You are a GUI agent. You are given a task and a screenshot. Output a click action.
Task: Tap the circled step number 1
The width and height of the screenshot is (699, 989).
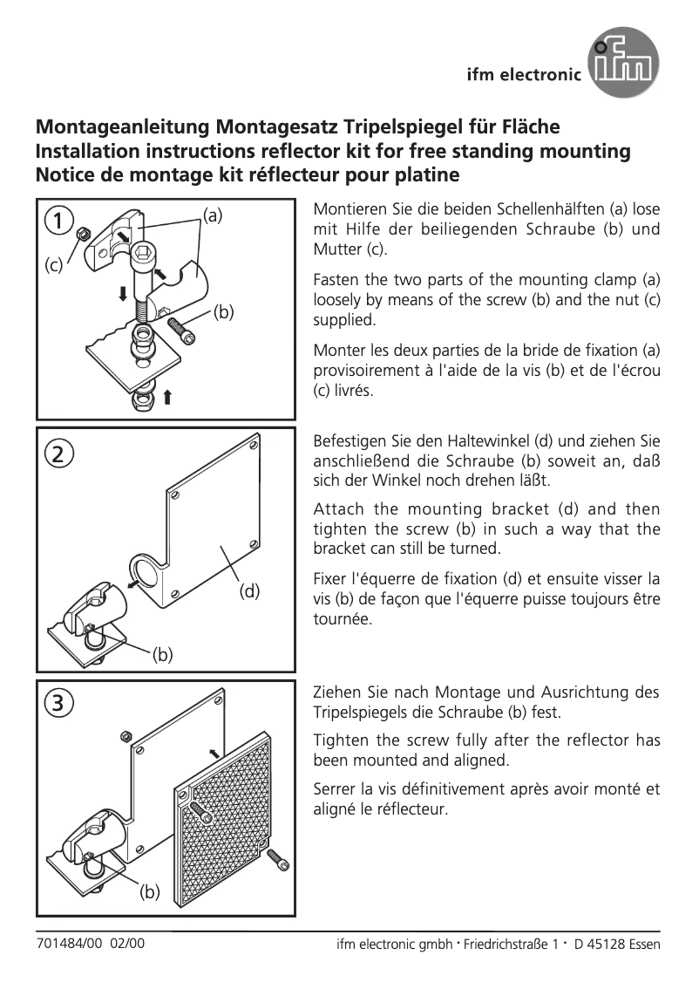(59, 222)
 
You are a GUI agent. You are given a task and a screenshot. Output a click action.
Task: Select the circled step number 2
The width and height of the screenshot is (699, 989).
(59, 454)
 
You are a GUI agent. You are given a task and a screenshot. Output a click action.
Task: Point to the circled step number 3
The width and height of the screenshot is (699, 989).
(59, 702)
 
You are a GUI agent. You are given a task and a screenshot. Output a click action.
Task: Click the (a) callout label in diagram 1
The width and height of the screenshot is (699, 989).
(214, 214)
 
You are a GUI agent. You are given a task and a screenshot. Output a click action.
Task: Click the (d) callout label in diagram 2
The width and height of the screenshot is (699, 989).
(250, 590)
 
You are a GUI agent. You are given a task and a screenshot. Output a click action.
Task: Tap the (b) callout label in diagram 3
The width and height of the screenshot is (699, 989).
(151, 892)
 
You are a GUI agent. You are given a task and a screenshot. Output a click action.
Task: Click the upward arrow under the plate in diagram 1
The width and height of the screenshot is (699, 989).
(167, 397)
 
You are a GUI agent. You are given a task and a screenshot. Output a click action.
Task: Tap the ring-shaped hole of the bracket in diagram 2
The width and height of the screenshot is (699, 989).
(149, 573)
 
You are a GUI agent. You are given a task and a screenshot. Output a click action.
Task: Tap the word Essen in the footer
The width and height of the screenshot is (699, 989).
(643, 945)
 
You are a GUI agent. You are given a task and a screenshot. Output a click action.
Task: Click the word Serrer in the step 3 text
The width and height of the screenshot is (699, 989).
(335, 789)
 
